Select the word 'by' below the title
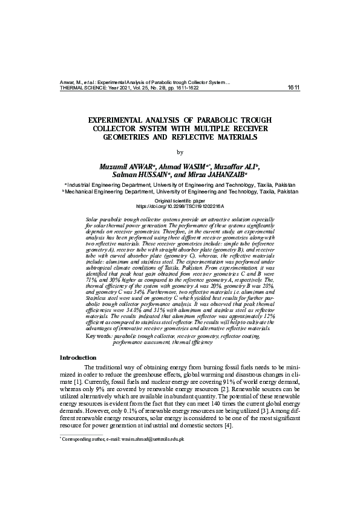(x=180, y=152)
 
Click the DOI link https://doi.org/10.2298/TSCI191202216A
(x=180, y=206)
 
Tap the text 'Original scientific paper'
(x=180, y=199)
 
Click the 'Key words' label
(x=100, y=335)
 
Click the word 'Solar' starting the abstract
(x=93, y=216)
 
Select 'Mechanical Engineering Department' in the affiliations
(x=103, y=192)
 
